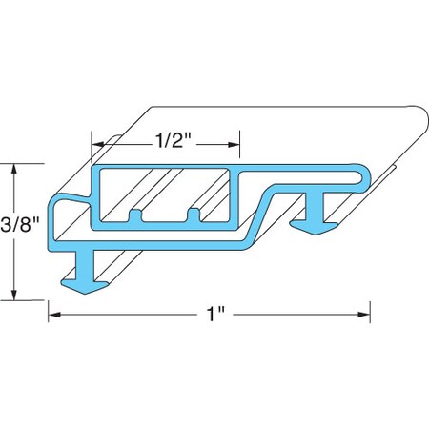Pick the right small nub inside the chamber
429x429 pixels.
[197, 213]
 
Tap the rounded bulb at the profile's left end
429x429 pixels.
[66, 214]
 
